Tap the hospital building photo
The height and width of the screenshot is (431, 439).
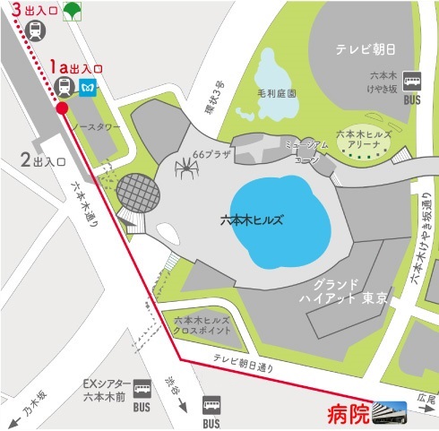pos(390,411)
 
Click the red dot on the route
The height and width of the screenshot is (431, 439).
pos(62,108)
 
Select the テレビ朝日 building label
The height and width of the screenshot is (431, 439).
pos(367,49)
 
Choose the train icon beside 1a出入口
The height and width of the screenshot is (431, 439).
pos(65,86)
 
